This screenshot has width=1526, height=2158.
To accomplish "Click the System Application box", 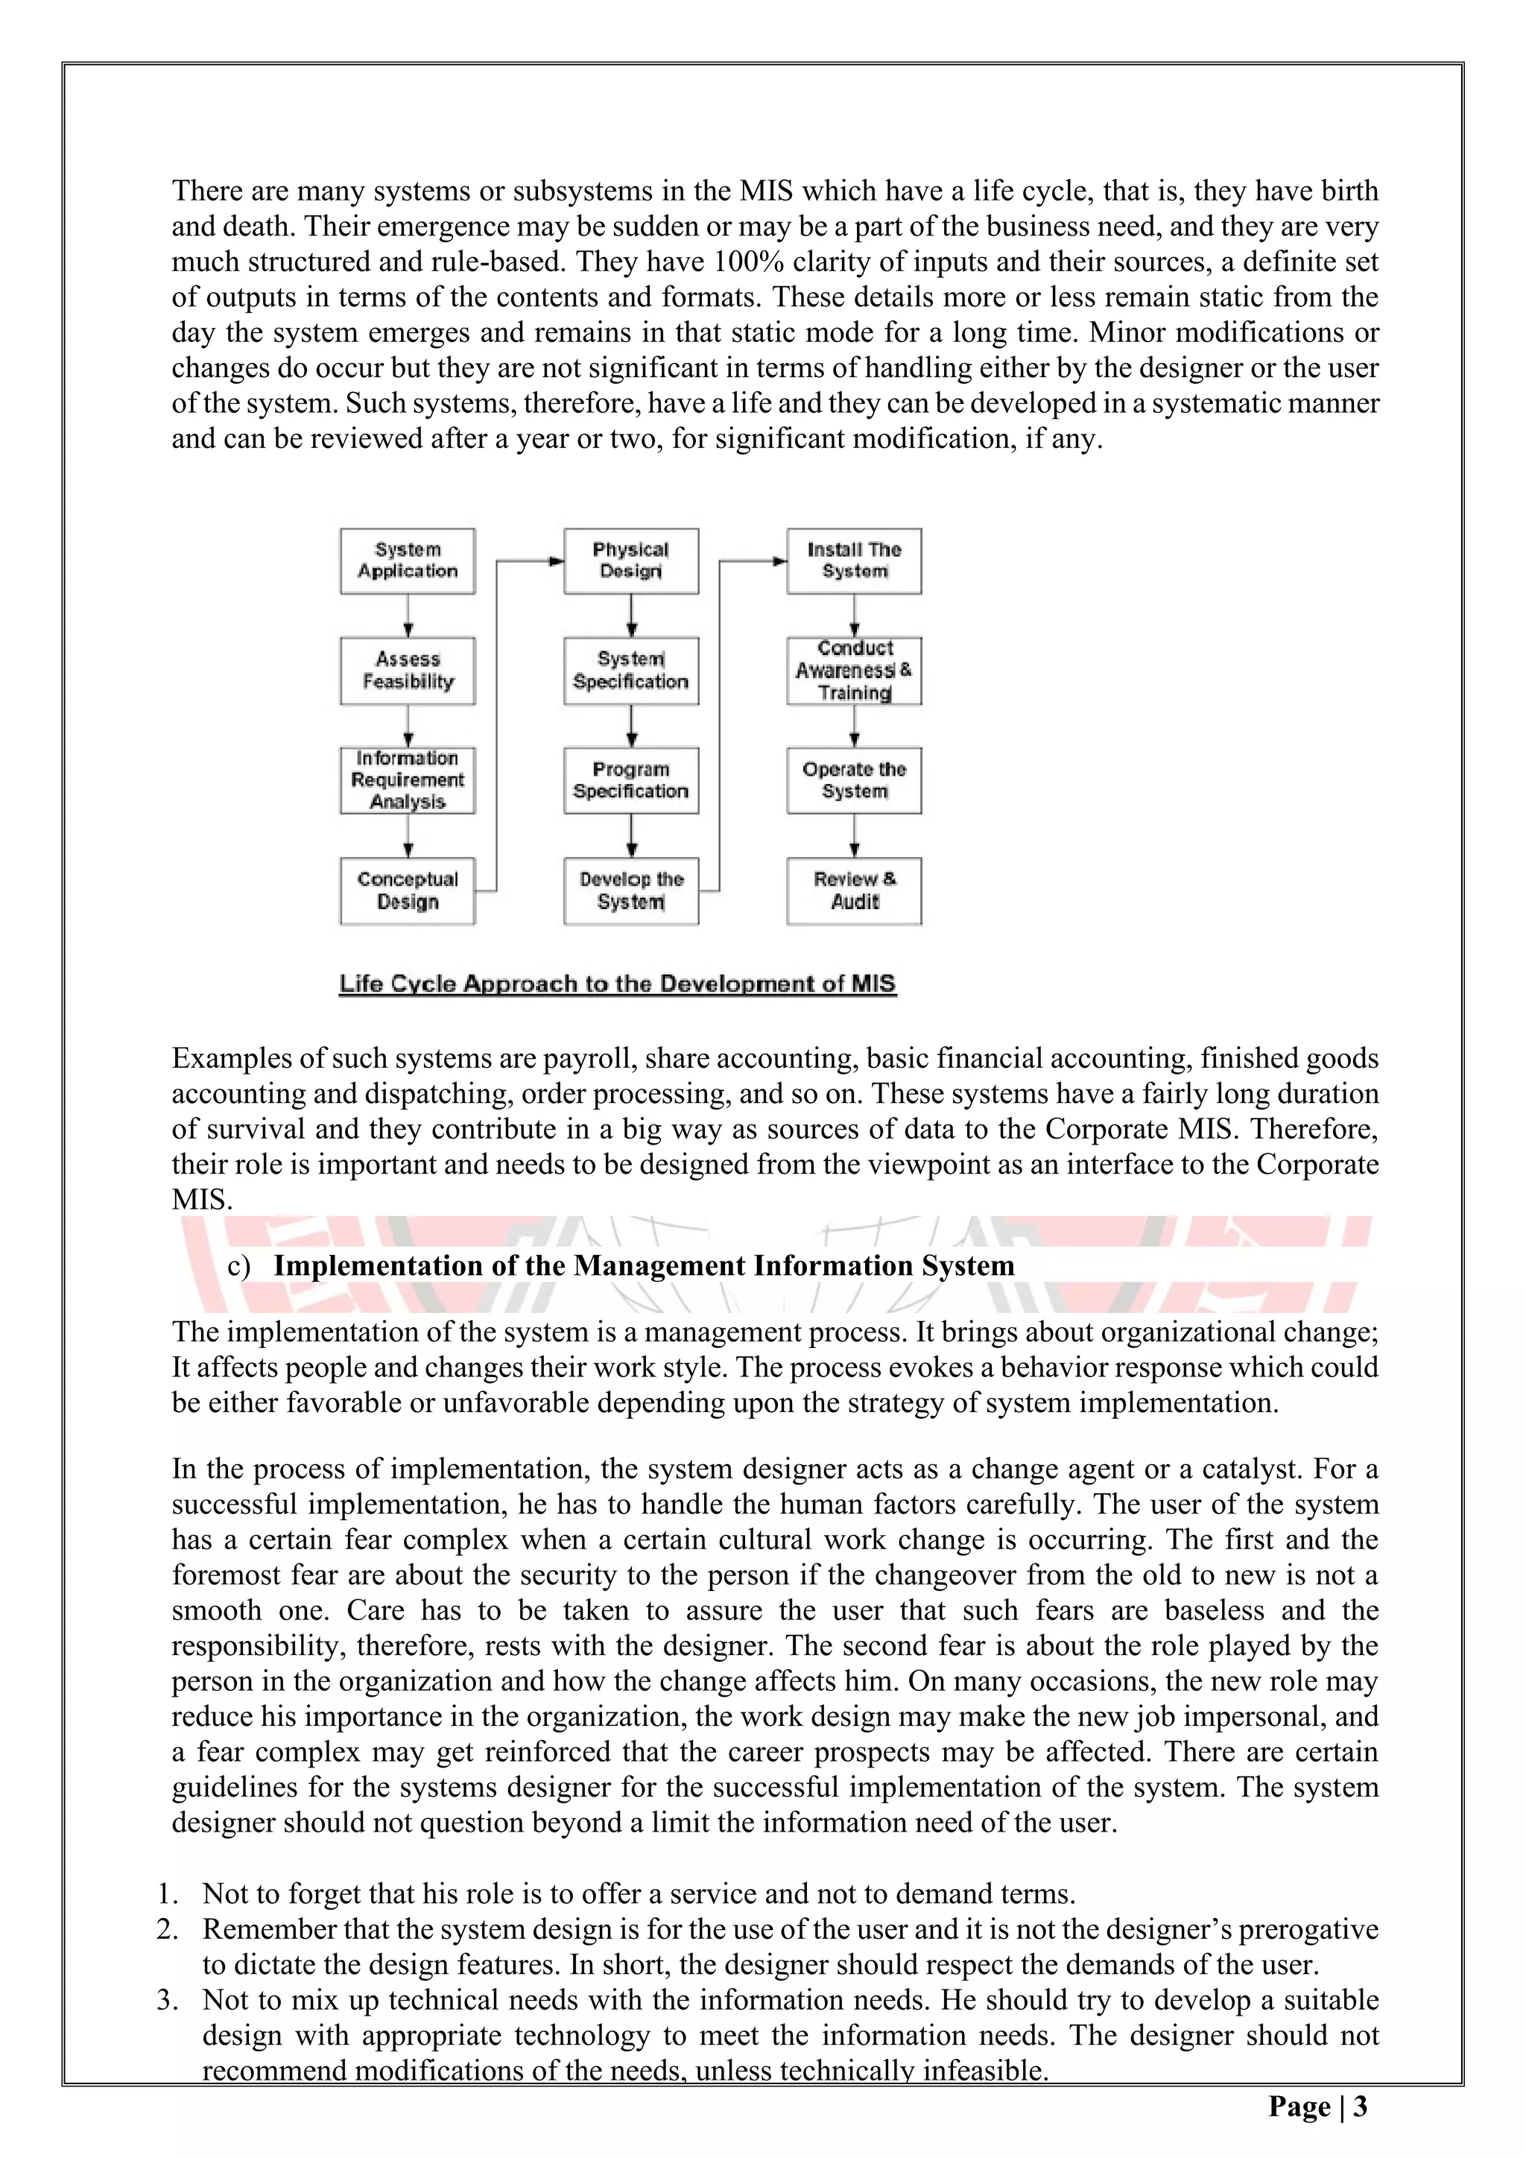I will coord(407,561).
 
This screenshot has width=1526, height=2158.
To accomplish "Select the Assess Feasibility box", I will coord(407,671).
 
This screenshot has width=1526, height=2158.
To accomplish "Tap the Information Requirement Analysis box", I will coord(407,780).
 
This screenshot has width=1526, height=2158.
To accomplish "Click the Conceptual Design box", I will coord(407,891).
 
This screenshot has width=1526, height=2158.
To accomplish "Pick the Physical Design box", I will coord(630,561).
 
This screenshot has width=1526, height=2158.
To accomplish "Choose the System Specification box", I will coord(630,671).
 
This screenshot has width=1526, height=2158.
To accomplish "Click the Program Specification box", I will coord(630,780).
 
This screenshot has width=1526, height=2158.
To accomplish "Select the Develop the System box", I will coord(630,891).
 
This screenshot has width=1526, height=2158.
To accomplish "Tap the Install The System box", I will coord(853,561).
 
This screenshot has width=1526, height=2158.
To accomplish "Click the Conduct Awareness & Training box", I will coord(853,671).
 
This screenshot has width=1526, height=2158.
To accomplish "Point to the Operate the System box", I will coord(853,780).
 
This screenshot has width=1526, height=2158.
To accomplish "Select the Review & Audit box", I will coord(853,891).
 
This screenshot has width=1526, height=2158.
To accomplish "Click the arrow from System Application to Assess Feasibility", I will coord(408,616).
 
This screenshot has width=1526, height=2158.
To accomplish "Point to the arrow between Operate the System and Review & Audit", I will coord(854,835).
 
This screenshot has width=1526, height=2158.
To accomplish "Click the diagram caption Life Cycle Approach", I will coord(618,984).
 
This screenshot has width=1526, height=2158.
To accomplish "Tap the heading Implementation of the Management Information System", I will coord(644,1266).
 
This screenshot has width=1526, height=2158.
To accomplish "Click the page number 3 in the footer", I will coord(1360,2107).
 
